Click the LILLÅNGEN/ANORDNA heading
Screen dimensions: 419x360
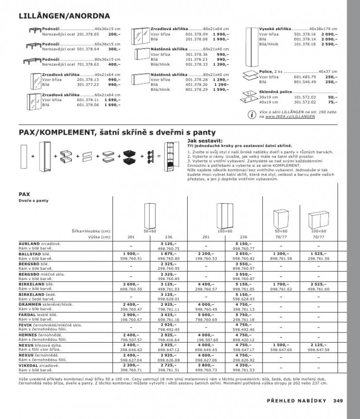[64, 16]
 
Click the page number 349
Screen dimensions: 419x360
[339, 401]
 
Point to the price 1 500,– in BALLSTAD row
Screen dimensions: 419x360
[131, 253]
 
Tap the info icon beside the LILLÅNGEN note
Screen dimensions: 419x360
[251, 115]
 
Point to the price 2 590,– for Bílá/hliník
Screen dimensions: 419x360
[330, 44]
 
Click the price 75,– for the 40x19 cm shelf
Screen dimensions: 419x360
[333, 102]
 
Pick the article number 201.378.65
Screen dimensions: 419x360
[88, 35]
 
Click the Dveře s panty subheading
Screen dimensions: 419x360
[34, 200]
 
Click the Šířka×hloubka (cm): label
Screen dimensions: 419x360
[91, 231]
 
